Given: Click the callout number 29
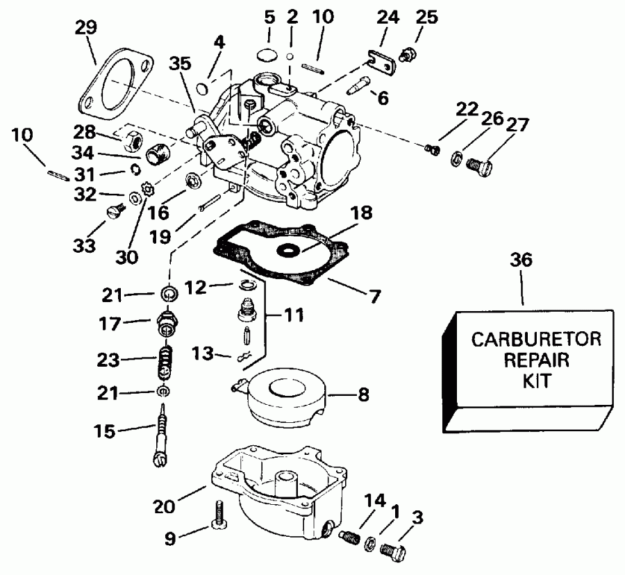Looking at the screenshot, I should pyautogui.click(x=87, y=28).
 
